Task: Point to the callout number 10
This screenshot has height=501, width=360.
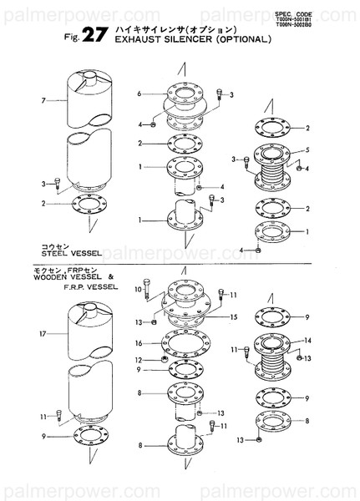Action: (x=138, y=288)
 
